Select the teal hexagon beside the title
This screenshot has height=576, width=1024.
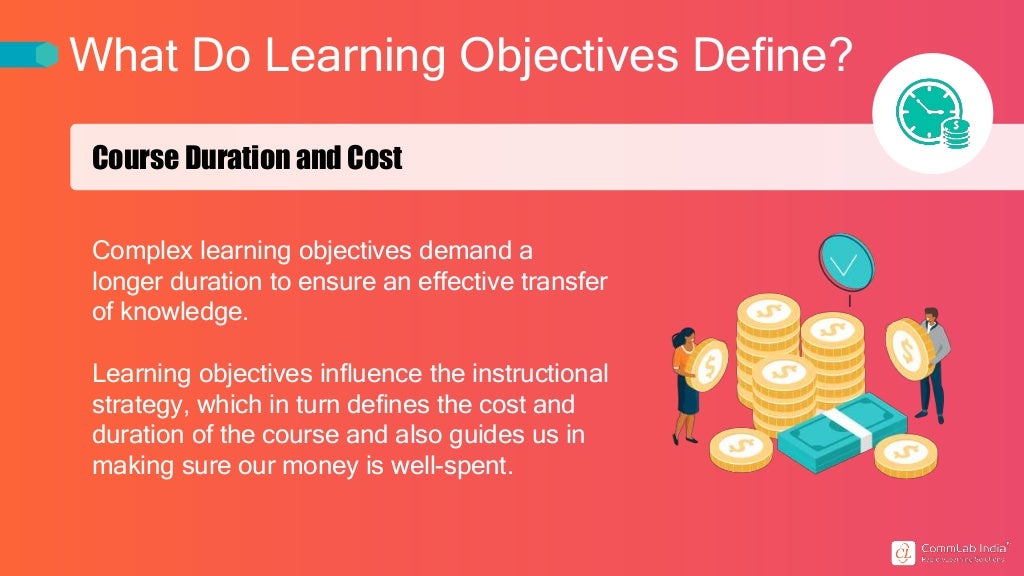coord(46,54)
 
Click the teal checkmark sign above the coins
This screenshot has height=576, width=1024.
coord(846,263)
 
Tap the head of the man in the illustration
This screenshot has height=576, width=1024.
coord(931,316)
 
